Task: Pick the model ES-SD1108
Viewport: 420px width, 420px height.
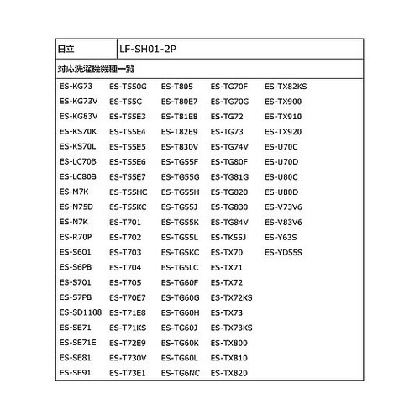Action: [x=81, y=312]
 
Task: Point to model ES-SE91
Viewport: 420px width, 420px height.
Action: [x=76, y=371]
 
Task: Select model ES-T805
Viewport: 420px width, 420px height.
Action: [x=176, y=86]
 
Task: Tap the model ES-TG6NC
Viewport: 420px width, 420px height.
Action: [x=181, y=371]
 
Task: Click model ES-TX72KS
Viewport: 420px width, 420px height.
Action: [x=232, y=297]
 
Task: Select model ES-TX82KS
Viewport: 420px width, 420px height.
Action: [x=286, y=86]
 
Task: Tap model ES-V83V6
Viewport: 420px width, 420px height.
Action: [x=283, y=221]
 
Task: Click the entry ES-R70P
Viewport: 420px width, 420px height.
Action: [x=76, y=236]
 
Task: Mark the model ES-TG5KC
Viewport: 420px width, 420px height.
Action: [x=180, y=251]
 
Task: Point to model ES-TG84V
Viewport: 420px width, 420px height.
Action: [x=229, y=221]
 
